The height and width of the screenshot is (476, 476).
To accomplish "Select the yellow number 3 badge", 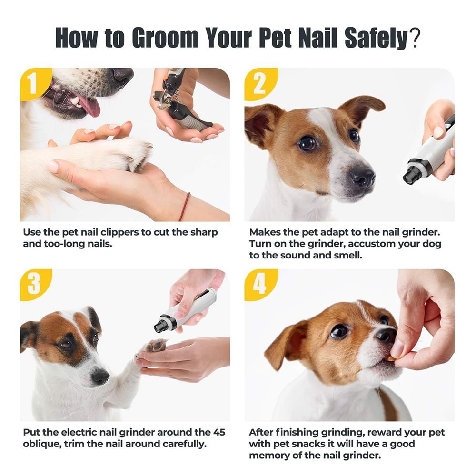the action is [x=34, y=284].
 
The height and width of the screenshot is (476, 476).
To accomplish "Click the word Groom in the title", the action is [x=166, y=38].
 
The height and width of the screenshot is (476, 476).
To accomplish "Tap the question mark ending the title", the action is [x=414, y=38].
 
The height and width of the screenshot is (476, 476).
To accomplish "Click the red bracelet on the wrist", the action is [x=184, y=207].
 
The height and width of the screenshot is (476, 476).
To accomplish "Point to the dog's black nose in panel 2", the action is [x=362, y=176].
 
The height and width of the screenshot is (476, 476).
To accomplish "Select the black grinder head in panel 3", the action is [x=161, y=325].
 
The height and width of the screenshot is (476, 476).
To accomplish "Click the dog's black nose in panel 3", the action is [x=100, y=377].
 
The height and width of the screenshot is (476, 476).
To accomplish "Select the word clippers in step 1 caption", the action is [x=119, y=233].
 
